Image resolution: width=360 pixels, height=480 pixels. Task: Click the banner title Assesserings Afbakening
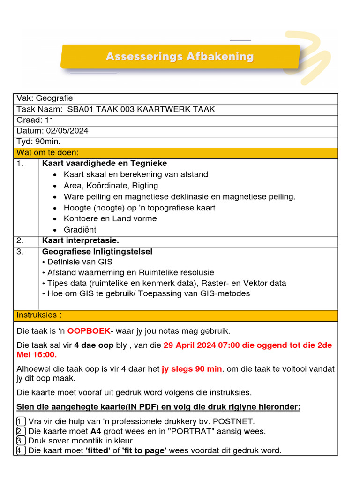[180, 57]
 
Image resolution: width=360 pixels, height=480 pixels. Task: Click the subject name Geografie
[54, 98]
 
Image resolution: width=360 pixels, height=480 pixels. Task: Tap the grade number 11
[49, 120]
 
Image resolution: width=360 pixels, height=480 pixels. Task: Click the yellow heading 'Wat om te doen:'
[48, 153]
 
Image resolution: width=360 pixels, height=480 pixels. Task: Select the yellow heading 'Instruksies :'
[39, 315]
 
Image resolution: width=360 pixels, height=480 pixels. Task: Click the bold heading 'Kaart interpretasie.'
[81, 241]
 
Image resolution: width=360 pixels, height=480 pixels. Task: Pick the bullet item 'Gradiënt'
[80, 230]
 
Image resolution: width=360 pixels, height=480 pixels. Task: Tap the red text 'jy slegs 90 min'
[192, 369]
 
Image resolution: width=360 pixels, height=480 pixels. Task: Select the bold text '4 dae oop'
[94, 345]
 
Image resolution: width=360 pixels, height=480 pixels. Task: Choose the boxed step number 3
[21, 441]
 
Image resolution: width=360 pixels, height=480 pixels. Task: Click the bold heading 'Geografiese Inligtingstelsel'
[97, 252]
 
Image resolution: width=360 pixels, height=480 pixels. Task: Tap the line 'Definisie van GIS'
[80, 262]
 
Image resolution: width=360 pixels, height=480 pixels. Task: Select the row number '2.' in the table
[20, 241]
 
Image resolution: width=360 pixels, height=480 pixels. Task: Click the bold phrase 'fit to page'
[144, 451]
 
